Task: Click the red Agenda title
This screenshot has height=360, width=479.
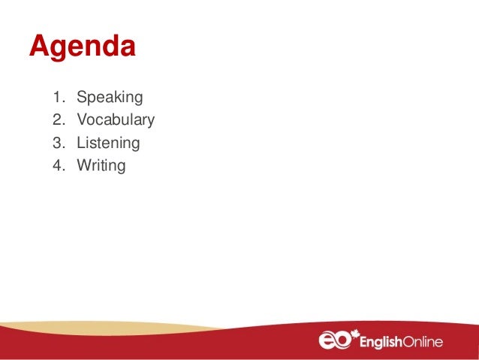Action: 83,47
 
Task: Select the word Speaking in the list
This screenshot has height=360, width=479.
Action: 110,97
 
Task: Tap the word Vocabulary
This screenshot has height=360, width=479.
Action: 116,119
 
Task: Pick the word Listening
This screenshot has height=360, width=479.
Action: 108,142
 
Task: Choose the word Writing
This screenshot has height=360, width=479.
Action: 101,165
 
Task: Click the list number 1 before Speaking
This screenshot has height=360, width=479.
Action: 58,97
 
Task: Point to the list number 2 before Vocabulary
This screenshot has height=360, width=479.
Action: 58,119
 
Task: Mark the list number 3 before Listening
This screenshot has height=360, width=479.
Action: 58,142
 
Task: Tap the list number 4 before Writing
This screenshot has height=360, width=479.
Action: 58,165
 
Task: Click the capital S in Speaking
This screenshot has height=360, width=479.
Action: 82,97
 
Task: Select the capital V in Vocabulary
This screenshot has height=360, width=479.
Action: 82,119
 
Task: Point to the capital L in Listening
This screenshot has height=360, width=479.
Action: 80,142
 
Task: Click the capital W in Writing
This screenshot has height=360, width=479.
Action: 83,165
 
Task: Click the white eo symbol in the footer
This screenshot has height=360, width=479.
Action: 335,341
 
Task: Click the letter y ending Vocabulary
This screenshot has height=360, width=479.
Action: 150,122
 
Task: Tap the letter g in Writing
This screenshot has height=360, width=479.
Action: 120,167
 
